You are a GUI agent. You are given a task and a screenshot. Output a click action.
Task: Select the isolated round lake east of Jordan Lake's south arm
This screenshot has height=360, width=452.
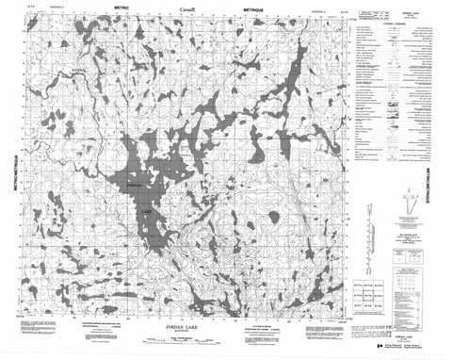point(273,217)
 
